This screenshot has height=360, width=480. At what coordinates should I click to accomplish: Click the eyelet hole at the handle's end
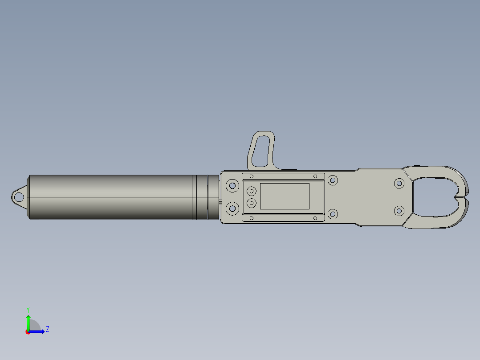19,196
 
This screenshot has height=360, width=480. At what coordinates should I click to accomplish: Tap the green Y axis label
28,310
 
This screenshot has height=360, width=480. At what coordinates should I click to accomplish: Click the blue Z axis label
48,329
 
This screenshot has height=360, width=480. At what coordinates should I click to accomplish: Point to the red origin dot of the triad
28,332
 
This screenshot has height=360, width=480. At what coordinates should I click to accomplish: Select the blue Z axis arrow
37,332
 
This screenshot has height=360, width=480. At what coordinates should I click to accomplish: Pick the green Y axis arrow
28,323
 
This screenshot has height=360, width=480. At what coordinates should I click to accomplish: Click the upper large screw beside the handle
232,186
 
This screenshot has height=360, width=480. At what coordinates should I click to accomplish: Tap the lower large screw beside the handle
232,209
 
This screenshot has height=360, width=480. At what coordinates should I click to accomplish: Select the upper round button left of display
251,192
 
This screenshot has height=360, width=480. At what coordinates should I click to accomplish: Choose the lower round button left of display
251,203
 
